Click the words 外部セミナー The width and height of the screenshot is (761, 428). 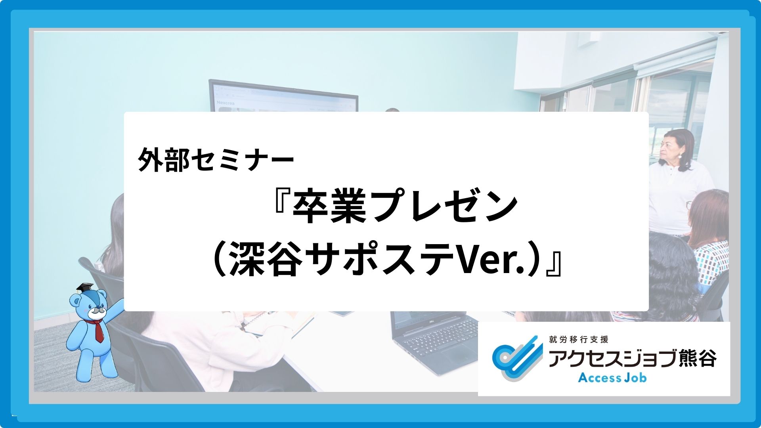[x=216, y=160]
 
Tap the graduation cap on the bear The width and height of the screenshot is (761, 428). [x=85, y=288]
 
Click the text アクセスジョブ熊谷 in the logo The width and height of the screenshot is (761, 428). [x=632, y=359]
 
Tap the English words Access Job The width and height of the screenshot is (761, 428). [x=612, y=378]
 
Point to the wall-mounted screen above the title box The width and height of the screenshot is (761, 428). [x=283, y=97]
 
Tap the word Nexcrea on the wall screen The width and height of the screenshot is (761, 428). [x=226, y=103]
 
